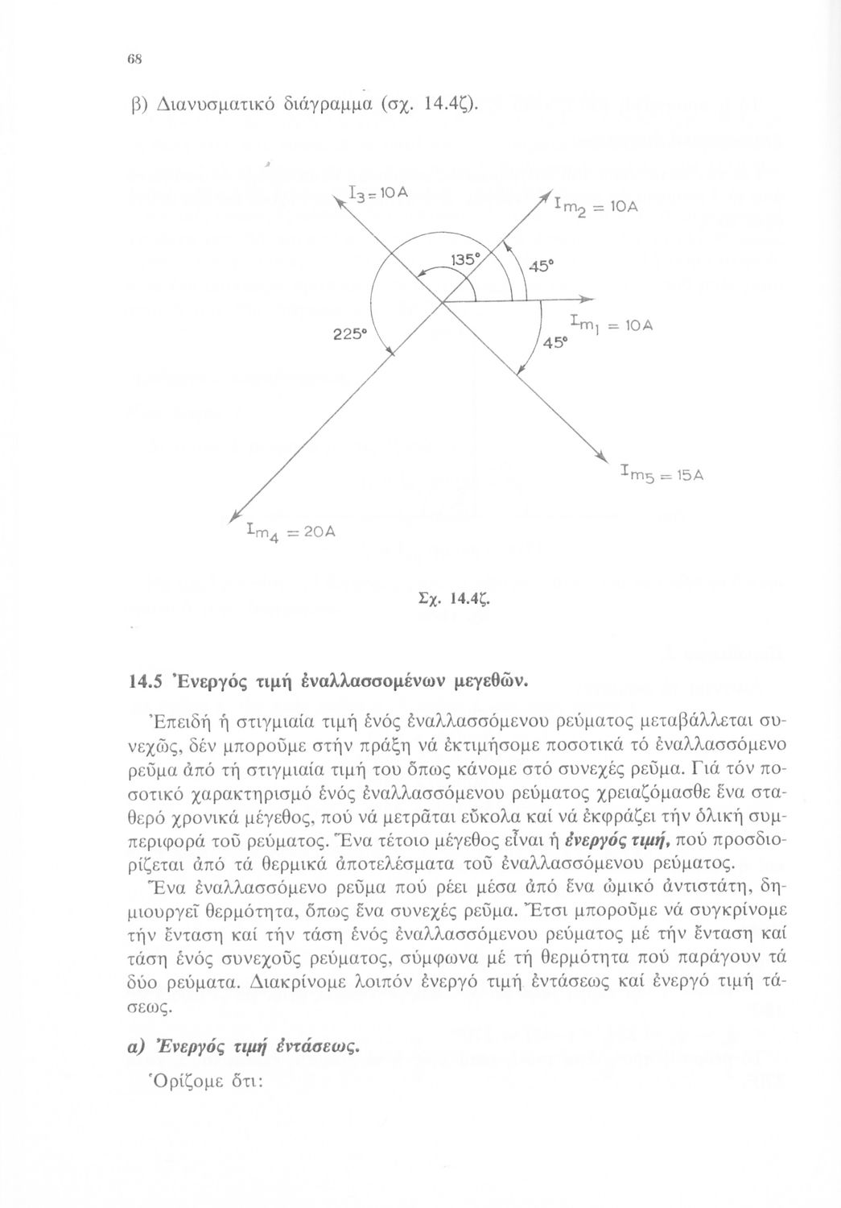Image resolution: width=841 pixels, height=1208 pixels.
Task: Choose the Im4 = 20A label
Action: (x=292, y=531)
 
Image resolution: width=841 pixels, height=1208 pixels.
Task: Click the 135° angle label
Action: (x=465, y=261)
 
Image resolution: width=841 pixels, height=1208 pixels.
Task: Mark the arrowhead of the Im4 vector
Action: (x=233, y=517)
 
